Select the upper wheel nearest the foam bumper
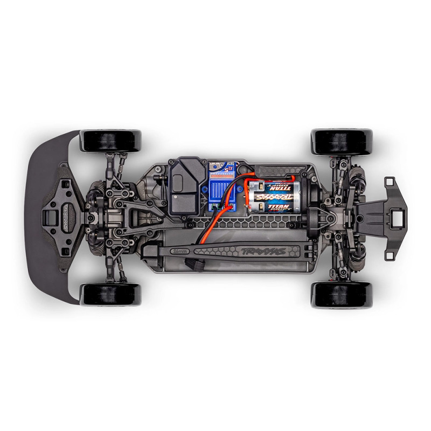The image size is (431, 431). [x=110, y=141]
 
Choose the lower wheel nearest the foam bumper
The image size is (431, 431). [x=110, y=294]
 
